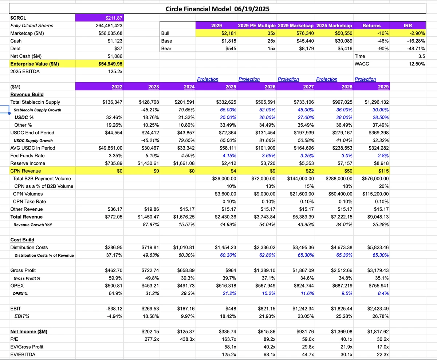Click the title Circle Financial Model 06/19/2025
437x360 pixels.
coord(217,9)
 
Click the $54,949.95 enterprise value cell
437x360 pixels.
coord(110,64)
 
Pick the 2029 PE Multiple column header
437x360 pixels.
coord(256,25)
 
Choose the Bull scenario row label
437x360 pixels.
coord(165,33)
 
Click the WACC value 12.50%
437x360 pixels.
coord(417,64)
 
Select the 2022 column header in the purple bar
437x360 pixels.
coord(117,87)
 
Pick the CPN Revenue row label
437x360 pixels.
coord(25,171)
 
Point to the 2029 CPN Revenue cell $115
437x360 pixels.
coord(383,171)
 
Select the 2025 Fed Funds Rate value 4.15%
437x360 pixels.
coord(229,156)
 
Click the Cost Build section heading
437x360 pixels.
coord(22,240)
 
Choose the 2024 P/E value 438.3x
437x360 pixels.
coord(187,339)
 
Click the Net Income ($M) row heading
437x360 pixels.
coord(29,332)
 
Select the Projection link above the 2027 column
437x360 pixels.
coord(288,79)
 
